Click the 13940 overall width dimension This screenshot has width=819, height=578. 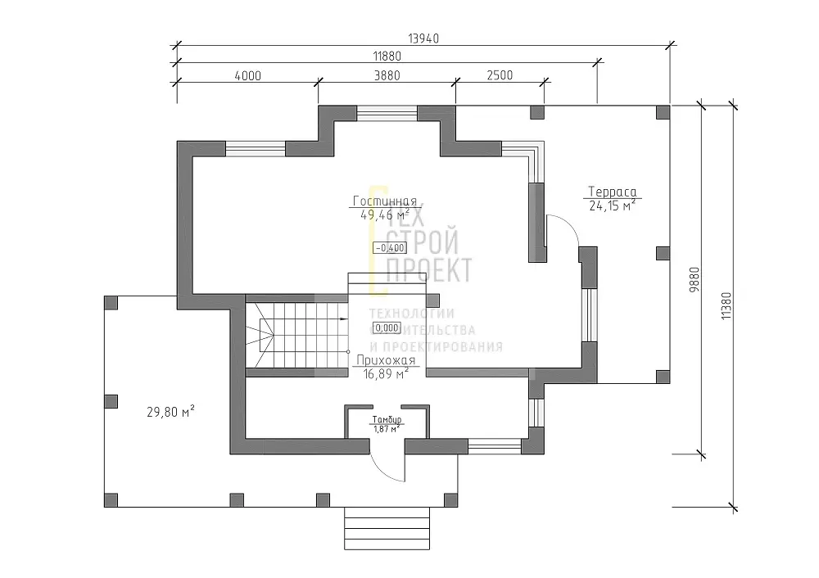[x=423, y=38]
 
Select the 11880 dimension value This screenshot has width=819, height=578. [x=387, y=56]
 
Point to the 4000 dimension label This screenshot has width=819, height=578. [x=247, y=75]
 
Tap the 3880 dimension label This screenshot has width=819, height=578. [x=387, y=75]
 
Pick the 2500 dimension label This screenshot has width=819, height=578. [x=500, y=75]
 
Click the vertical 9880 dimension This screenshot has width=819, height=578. [x=695, y=279]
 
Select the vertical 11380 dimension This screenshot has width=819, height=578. [x=726, y=306]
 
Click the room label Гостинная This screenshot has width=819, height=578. [x=385, y=201]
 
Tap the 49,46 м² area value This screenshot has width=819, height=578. [x=385, y=214]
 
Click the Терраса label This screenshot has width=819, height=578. [x=612, y=192]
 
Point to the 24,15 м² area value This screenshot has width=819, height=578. [x=612, y=205]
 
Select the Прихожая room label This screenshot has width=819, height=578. [x=386, y=360]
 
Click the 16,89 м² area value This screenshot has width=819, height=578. [x=386, y=374]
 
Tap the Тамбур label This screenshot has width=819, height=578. [x=387, y=420]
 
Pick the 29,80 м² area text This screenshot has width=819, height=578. [x=171, y=412]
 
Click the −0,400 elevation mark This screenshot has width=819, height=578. [x=390, y=248]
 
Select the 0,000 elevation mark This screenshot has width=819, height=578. [x=387, y=328]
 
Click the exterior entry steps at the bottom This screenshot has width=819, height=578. [x=387, y=528]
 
